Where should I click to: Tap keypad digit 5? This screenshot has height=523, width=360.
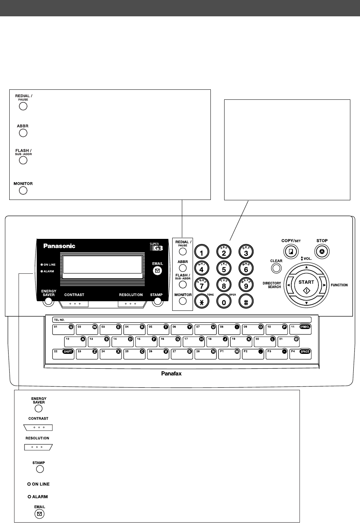pyautogui.click(x=224, y=269)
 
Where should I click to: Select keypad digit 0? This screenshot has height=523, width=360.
pyautogui.click(x=224, y=302)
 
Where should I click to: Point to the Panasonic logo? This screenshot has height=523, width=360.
pyautogui.click(x=59, y=246)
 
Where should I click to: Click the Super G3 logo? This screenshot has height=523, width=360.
pyautogui.click(x=156, y=247)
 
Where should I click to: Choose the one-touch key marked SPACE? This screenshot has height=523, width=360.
pyautogui.click(x=300, y=354)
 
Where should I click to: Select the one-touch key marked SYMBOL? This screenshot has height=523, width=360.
pyautogui.click(x=300, y=329)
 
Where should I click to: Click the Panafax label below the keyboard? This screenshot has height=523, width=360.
pyautogui.click(x=171, y=374)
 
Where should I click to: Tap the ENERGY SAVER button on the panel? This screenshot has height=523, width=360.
pyautogui.click(x=48, y=302)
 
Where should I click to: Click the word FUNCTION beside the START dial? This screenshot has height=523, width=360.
pyautogui.click(x=339, y=285)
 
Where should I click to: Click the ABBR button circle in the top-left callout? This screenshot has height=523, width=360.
pyautogui.click(x=23, y=133)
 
